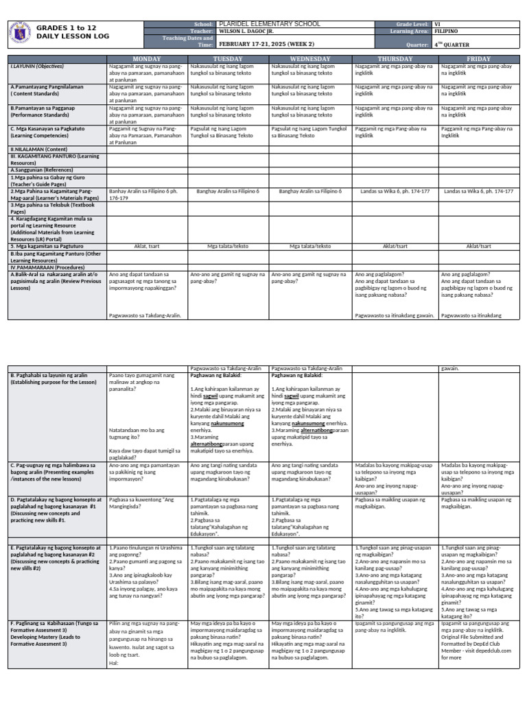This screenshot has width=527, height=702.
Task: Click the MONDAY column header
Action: [x=146, y=59]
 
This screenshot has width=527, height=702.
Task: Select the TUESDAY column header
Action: [x=228, y=59]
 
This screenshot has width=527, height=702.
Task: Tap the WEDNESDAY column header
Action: [x=309, y=59]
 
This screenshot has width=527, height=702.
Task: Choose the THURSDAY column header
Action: [x=395, y=59]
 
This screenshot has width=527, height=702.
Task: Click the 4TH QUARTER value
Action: [x=452, y=44]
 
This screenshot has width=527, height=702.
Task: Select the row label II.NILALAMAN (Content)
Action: [x=38, y=148]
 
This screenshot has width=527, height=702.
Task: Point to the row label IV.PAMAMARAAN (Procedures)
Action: [x=45, y=267]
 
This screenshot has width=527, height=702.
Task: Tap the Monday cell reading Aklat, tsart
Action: [x=146, y=245]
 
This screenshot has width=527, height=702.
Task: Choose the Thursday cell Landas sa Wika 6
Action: [x=395, y=191]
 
